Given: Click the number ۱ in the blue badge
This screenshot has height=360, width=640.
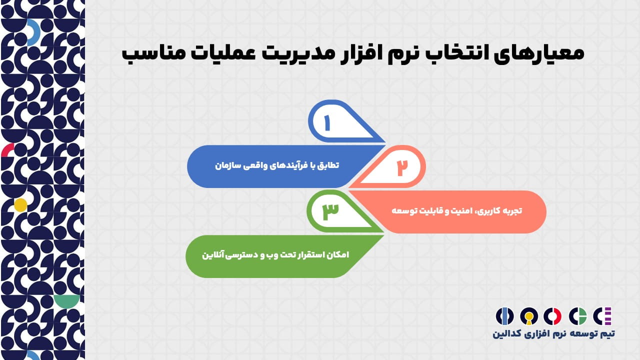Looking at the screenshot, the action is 327,123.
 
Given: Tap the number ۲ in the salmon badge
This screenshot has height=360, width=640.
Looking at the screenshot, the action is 402,167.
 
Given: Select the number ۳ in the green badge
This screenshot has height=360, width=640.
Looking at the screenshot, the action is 330,211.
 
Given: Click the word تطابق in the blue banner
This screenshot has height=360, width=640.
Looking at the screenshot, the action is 328,165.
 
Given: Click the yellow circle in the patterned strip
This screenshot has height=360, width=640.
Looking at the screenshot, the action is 20,205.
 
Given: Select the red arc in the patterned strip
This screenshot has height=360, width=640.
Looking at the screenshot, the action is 7,149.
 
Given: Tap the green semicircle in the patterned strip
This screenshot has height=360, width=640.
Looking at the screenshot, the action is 66,301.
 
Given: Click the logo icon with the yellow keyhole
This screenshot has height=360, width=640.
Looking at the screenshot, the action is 529,316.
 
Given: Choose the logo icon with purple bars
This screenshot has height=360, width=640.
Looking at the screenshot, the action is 602,316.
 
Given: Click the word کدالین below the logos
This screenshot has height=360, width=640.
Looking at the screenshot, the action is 507,334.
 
